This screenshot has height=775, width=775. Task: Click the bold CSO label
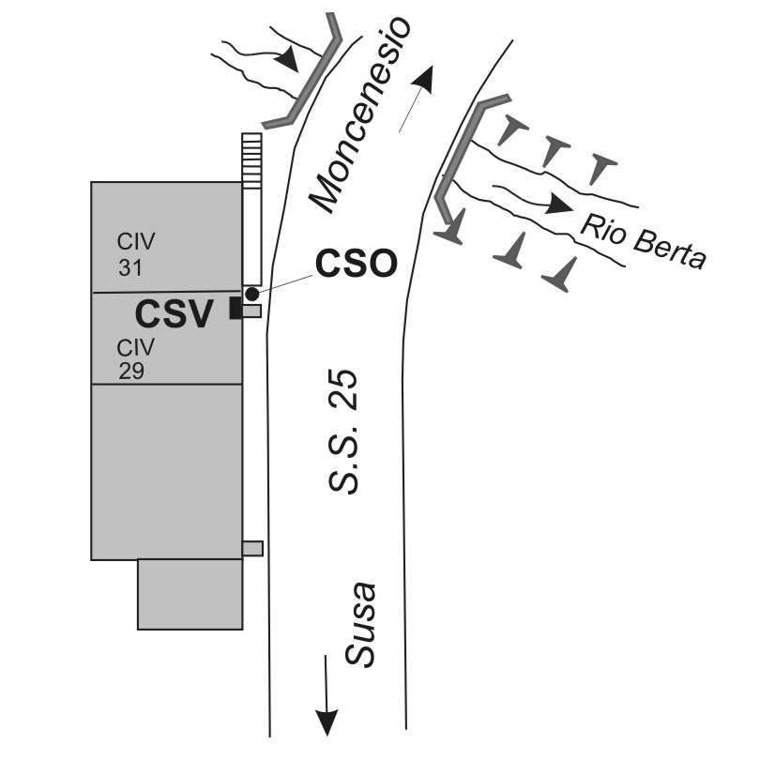pos(357,264)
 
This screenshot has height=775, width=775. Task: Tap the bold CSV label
pos(174,314)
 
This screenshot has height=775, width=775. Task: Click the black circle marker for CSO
pos(252,295)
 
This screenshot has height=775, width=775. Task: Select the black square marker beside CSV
pos(236,308)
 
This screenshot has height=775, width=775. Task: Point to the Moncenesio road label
pos(360,114)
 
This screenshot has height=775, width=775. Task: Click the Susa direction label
pos(360,625)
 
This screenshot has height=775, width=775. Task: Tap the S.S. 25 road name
pos(343,431)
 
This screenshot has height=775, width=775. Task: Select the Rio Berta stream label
pos(644,242)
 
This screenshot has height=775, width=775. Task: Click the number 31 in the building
pos(130,267)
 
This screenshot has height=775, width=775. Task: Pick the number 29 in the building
pos(131,371)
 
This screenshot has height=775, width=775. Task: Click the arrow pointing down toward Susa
pos(327,696)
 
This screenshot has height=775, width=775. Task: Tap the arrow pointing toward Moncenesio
pos(418,98)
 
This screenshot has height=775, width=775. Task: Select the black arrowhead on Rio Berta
pos(558,204)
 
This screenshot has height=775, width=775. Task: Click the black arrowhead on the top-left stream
pos(287,60)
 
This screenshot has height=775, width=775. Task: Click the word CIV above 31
pos(136,242)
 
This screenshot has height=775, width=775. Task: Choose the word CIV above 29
pos(135,347)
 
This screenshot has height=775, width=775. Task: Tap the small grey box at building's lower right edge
pos(252,548)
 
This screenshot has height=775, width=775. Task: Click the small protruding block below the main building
pos(190,594)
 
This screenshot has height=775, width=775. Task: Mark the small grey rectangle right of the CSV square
pos(251,311)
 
